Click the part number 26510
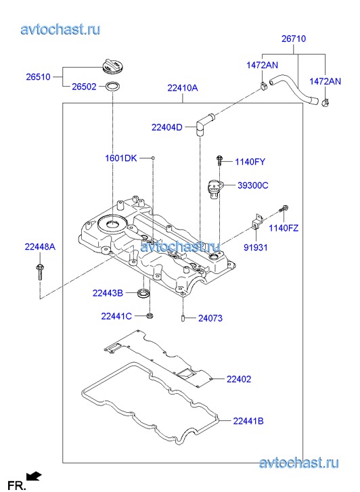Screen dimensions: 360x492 tap(38, 77)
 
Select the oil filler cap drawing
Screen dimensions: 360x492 tap(114, 66)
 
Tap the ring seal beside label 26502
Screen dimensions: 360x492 tap(112, 87)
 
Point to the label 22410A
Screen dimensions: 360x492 tap(183, 88)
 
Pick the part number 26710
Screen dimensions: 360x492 tap(294, 39)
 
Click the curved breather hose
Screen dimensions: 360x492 tap(294, 89)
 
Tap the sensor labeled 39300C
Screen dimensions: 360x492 tap(215, 189)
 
